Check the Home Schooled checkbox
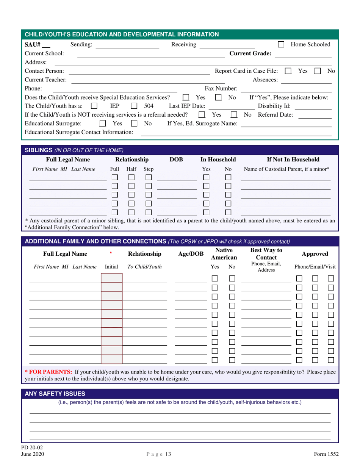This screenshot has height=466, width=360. coord(281,45)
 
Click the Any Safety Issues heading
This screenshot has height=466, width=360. coord(55,394)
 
